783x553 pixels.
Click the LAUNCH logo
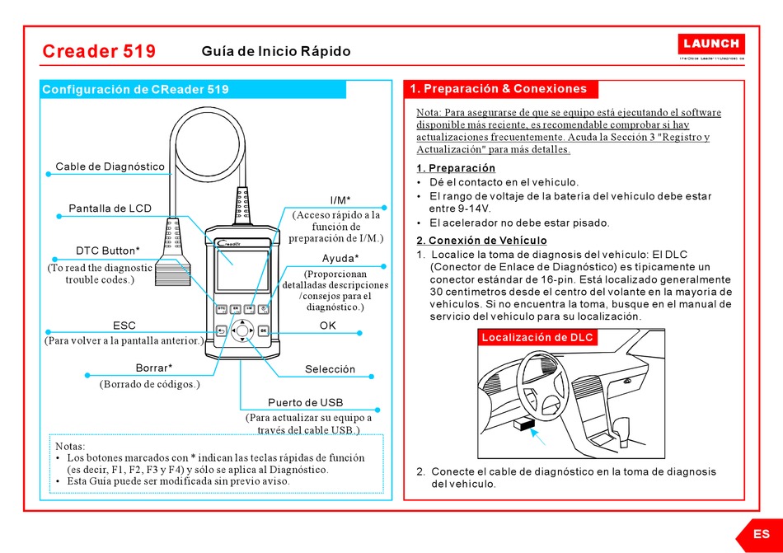712,44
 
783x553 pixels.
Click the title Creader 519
99,51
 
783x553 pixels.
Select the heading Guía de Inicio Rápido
276,51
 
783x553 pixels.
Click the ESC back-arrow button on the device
222,331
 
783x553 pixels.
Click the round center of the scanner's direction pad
242,332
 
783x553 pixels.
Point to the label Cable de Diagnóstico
110,166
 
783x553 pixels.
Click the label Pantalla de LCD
110,209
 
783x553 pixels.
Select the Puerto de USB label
306,402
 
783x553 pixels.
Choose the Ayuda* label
340,259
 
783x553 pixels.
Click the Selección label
330,369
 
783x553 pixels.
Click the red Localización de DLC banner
537,338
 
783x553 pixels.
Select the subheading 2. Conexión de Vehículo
481,241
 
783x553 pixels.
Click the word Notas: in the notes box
70,446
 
